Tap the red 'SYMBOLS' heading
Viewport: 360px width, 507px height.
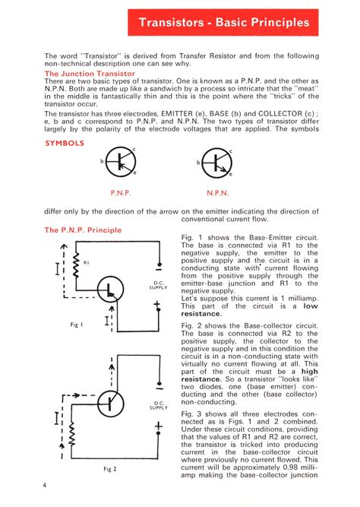(x=65, y=142)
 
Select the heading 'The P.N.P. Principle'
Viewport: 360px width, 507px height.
(x=82, y=230)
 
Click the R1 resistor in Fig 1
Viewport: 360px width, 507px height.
(x=76, y=263)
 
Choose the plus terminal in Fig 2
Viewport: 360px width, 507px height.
(x=159, y=427)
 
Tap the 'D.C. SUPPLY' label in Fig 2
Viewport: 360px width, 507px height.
(x=159, y=405)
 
